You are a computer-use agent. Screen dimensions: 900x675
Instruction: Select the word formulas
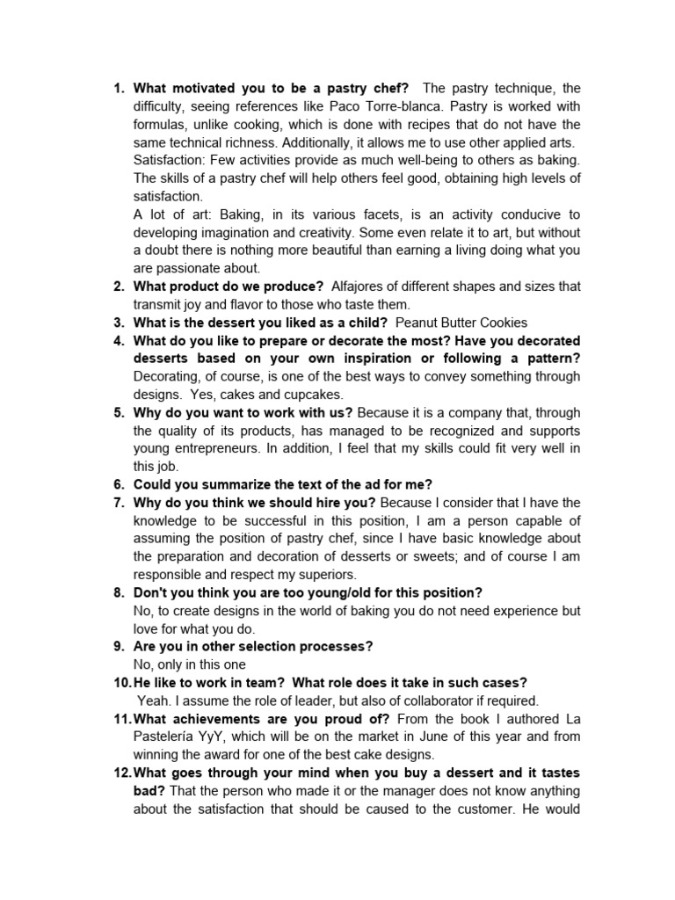(x=161, y=124)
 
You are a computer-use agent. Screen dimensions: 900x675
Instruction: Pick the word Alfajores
(x=362, y=287)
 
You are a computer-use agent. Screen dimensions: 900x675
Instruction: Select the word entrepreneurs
(x=211, y=448)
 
